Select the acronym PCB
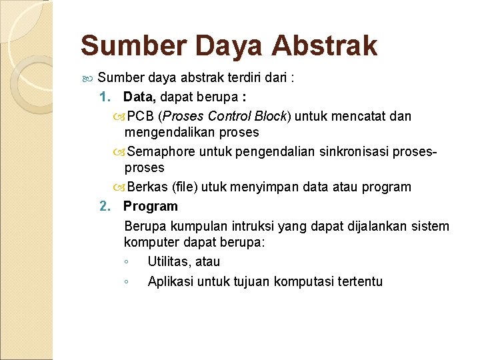click(140, 116)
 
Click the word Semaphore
click(161, 151)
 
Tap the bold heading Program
click(151, 206)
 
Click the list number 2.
click(104, 206)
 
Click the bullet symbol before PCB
click(119, 117)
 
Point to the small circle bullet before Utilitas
click(126, 262)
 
